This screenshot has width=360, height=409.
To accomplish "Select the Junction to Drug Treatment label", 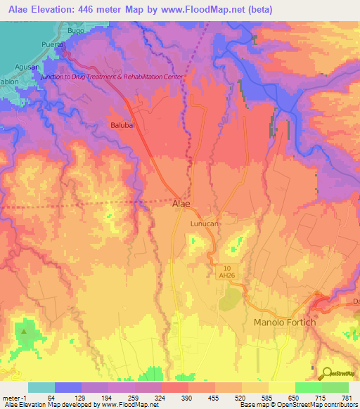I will click(x=112, y=77).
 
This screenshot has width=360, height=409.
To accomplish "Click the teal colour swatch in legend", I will click(x=41, y=387).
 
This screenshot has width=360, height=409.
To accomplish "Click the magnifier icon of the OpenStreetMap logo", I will click(x=325, y=374).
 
